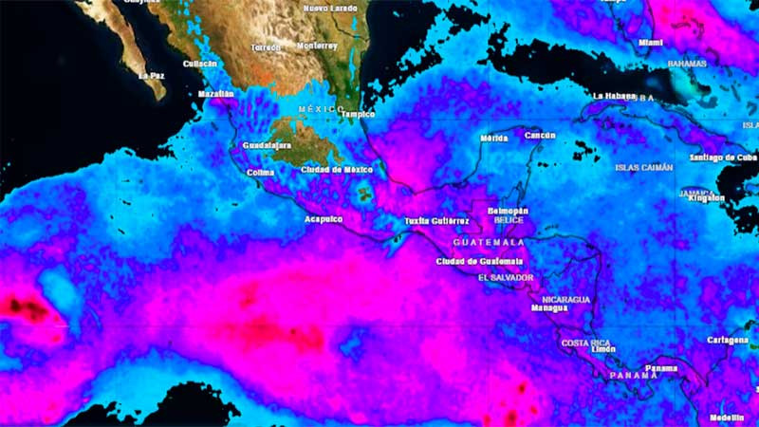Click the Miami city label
click(650, 43)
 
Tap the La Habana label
click(613, 96)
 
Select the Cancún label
click(540, 136)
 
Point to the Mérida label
click(494, 138)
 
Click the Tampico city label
click(358, 114)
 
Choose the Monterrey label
click(317, 46)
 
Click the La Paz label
click(151, 75)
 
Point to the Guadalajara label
click(266, 146)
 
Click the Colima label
click(259, 173)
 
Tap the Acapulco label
click(323, 217)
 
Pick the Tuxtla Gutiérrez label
click(437, 220)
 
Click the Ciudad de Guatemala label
click(480, 261)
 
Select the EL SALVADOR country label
click(506, 278)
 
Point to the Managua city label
click(549, 307)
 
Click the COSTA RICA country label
click(585, 343)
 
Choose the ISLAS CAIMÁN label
click(644, 167)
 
